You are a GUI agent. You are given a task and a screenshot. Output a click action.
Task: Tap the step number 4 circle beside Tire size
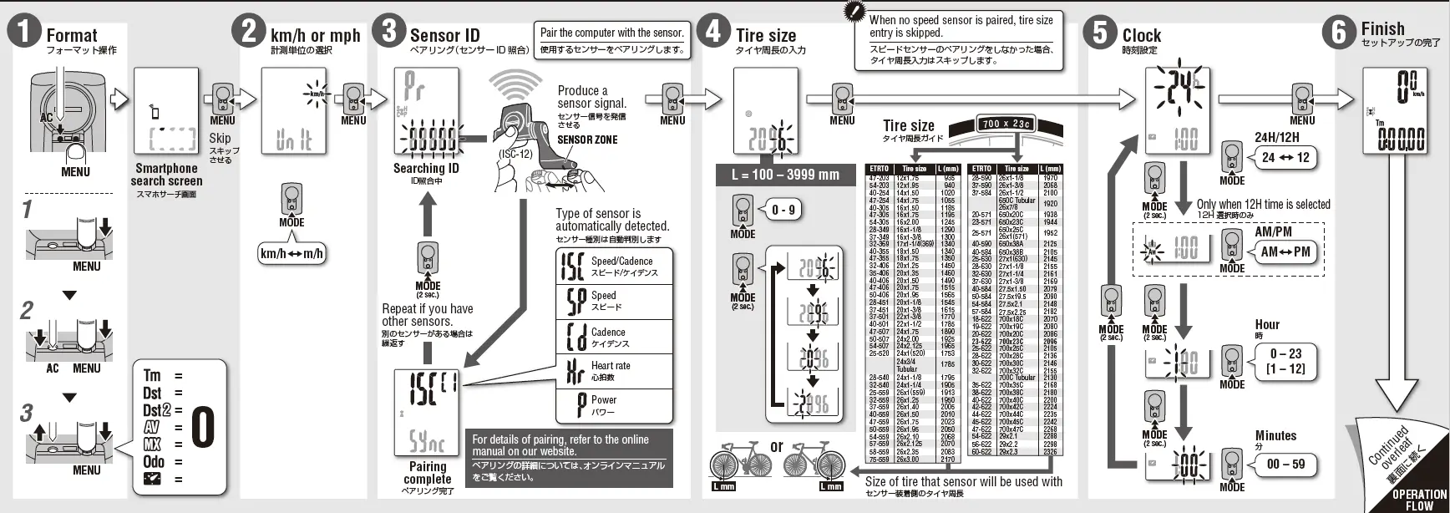[713, 31]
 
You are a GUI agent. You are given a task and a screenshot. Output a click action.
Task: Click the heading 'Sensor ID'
[444, 35]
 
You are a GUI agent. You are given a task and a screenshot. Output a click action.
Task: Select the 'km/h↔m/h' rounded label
[292, 253]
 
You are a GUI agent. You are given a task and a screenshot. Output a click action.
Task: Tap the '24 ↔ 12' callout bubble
[1285, 157]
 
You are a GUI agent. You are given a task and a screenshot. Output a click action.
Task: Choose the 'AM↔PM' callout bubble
[1285, 251]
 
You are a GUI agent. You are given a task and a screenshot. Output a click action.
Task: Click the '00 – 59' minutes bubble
[1285, 464]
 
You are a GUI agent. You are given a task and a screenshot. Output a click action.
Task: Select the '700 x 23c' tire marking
[1006, 124]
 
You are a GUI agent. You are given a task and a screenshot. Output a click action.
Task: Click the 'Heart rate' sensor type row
[614, 371]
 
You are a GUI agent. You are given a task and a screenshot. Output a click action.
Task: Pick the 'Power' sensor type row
[614, 405]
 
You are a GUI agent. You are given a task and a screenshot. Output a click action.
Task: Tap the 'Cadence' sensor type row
[614, 337]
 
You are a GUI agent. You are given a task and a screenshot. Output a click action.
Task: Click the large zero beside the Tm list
[203, 427]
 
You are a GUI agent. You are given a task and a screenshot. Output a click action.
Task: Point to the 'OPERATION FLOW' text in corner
[1418, 499]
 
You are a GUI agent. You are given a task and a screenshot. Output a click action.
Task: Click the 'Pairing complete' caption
[427, 473]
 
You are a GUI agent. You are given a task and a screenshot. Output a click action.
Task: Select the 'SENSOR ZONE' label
[587, 140]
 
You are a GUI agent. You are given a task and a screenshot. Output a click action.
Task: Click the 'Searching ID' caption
[426, 168]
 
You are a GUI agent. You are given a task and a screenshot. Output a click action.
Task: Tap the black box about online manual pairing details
[569, 457]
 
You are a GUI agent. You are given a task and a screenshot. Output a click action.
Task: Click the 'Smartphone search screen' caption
[166, 174]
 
